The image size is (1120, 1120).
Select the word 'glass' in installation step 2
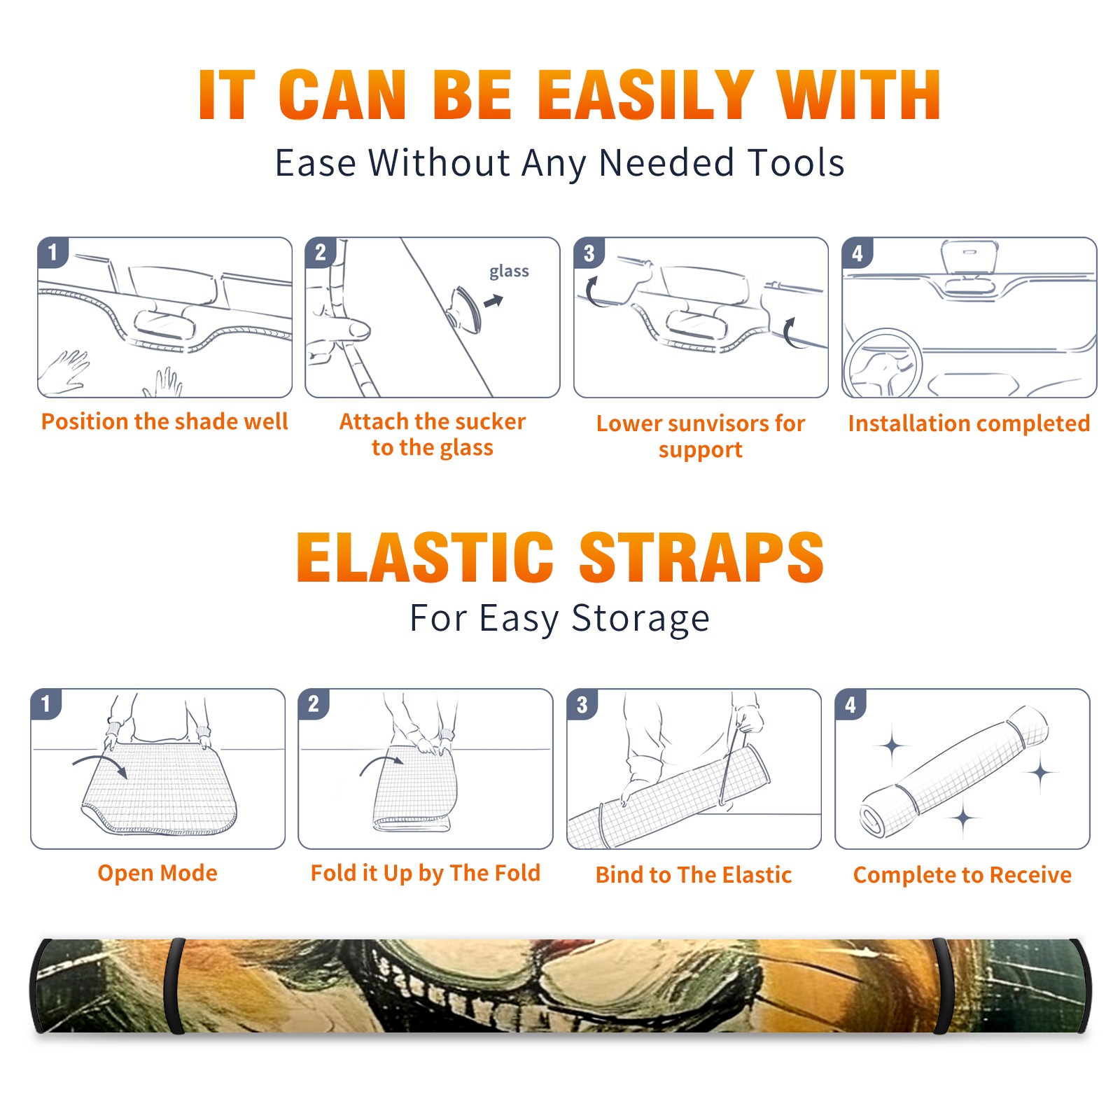[509, 272]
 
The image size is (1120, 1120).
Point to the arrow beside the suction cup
[493, 301]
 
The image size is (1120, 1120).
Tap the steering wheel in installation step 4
[883, 363]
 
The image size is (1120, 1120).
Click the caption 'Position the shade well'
[164, 421]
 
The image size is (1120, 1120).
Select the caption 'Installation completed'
[969, 423]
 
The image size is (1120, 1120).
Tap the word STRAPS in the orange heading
[702, 557]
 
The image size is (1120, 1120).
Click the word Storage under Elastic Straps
[640, 619]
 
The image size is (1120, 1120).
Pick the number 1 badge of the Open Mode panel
[46, 703]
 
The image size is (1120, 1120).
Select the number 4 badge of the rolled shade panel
[850, 704]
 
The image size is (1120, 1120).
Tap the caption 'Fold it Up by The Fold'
[426, 873]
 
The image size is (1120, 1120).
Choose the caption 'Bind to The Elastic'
[694, 875]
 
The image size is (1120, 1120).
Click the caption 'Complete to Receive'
[962, 875]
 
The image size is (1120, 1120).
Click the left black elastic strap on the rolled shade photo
[174, 986]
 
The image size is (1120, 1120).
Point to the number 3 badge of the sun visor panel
[589, 253]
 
